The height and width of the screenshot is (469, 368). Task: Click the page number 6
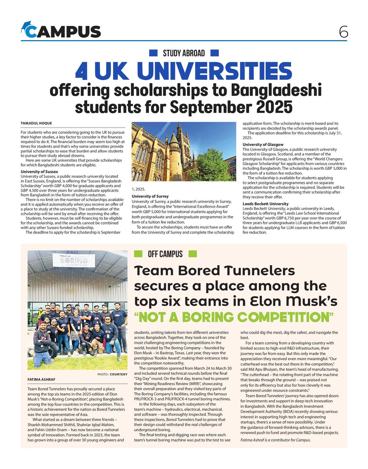coord(343,32)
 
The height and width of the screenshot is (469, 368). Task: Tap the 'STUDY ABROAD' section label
coord(184,53)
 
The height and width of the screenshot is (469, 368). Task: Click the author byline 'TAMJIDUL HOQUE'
coord(36,123)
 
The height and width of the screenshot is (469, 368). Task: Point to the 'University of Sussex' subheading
coord(39,172)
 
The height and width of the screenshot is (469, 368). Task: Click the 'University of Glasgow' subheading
coord(263,144)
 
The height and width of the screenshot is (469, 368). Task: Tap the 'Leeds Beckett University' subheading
coord(266,204)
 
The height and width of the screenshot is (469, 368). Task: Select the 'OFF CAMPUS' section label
coord(165,254)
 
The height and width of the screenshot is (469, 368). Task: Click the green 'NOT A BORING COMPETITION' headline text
coord(234,317)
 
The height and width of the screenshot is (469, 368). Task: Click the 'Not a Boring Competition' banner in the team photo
coord(74,260)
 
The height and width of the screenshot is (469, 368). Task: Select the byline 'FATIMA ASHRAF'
coord(41,380)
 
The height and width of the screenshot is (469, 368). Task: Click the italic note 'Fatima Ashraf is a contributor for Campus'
coord(275,440)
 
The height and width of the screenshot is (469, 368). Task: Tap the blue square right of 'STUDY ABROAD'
coord(214,53)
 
